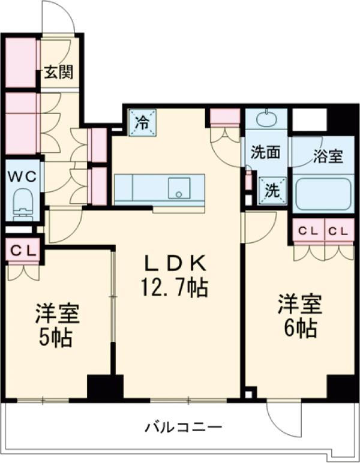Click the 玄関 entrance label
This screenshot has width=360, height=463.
coord(59,73)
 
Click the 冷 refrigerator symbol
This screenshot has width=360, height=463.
coord(142,122)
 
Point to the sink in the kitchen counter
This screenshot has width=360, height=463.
coord(178,187)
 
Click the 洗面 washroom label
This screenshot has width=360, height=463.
coord(265,152)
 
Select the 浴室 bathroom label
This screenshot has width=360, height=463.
coord(328,157)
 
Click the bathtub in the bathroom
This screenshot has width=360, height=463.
coord(322,193)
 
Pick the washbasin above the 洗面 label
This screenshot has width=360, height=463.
coord(266,119)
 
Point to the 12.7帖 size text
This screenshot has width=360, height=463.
coord(173,289)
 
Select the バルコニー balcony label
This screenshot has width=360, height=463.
coord(184,428)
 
